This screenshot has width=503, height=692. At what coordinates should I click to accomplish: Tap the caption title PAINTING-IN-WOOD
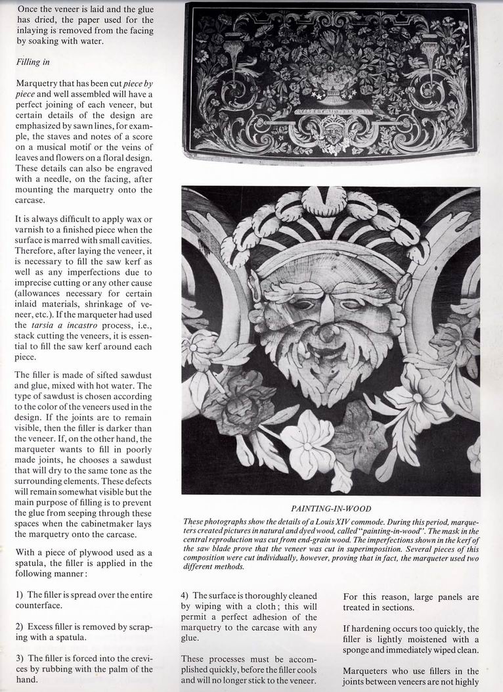[x=331, y=508]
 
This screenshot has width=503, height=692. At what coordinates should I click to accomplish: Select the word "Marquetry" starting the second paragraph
[x=36, y=85]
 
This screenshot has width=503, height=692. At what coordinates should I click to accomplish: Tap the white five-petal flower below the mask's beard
[x=307, y=438]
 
